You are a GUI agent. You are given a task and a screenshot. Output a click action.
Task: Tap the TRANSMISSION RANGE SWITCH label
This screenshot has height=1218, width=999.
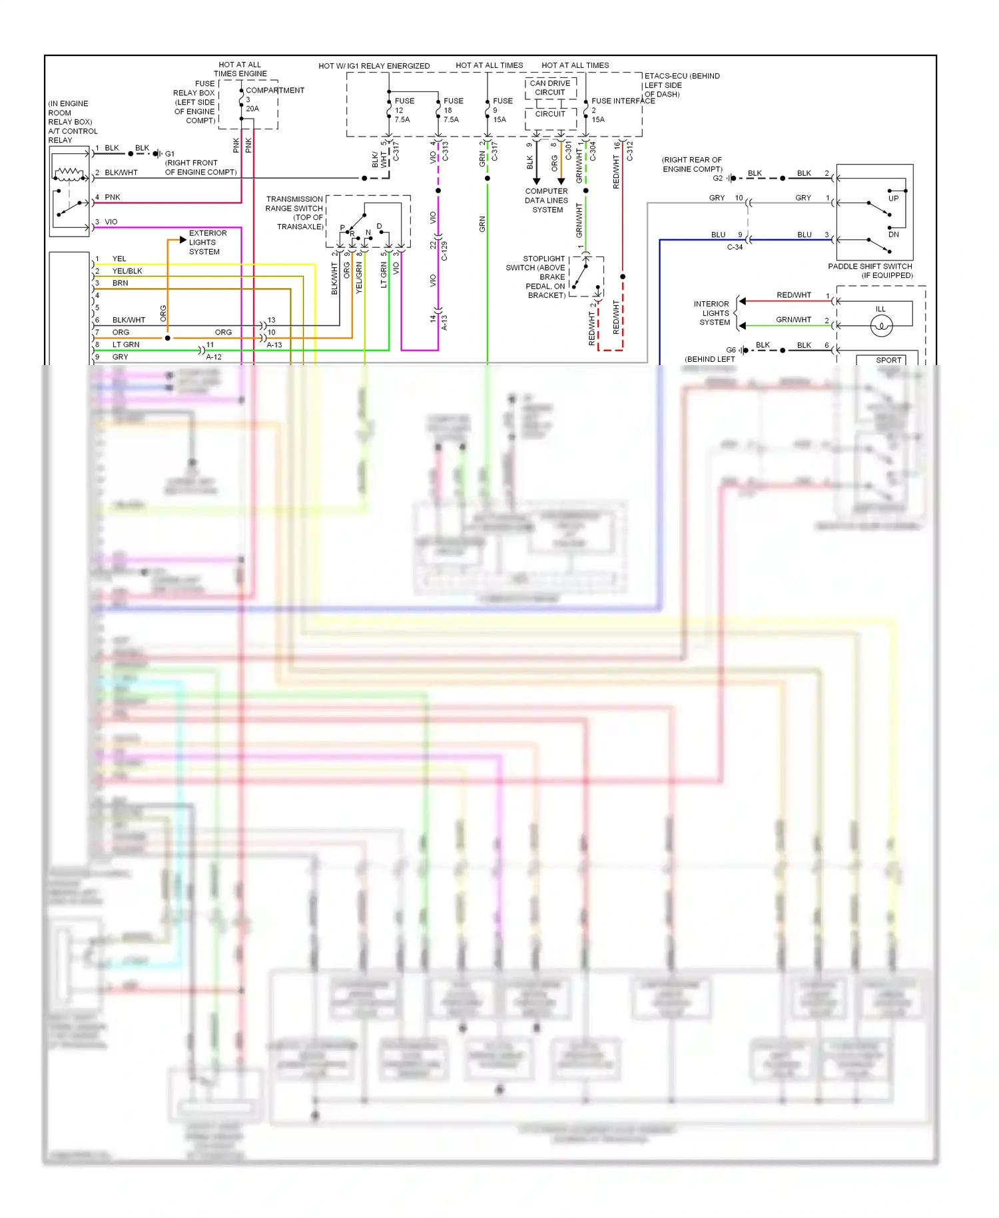click(295, 213)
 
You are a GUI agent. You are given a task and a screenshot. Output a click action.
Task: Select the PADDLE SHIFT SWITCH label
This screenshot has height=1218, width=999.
click(870, 271)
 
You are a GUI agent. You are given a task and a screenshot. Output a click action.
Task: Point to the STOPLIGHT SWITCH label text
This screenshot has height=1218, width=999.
click(536, 277)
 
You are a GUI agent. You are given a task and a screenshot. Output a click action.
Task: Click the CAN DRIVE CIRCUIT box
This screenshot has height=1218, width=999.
click(550, 88)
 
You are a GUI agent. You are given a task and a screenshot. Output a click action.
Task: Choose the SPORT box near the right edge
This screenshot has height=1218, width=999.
click(888, 360)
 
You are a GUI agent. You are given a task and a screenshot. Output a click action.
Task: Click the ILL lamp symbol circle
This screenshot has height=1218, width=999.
click(881, 325)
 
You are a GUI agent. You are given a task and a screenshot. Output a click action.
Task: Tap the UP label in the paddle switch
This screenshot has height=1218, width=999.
click(893, 199)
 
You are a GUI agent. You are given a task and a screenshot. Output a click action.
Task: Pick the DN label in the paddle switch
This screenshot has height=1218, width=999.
click(893, 235)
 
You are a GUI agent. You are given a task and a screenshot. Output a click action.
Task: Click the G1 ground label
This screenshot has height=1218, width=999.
click(170, 154)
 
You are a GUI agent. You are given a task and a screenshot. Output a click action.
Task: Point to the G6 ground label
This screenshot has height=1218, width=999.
click(731, 350)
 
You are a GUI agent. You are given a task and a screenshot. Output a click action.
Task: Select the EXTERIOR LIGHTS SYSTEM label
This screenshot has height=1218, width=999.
click(207, 243)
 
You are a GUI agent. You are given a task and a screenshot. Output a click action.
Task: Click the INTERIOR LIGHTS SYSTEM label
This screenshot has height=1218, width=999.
click(712, 313)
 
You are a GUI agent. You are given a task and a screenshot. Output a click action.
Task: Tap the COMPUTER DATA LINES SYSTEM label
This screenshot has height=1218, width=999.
click(547, 201)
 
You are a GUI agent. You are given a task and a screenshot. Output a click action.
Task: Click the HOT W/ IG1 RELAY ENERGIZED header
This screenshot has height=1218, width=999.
click(374, 66)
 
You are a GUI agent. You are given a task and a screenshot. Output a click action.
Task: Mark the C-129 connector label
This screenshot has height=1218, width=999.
click(444, 251)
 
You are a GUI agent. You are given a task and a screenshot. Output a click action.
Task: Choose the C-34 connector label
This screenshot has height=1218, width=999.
click(735, 247)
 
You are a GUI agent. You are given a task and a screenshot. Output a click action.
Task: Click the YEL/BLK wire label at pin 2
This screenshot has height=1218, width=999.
click(127, 271)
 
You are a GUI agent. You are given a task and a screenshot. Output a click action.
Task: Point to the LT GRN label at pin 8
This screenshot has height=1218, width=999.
click(126, 344)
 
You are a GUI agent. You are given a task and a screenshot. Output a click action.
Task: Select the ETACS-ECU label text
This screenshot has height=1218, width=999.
click(682, 76)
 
